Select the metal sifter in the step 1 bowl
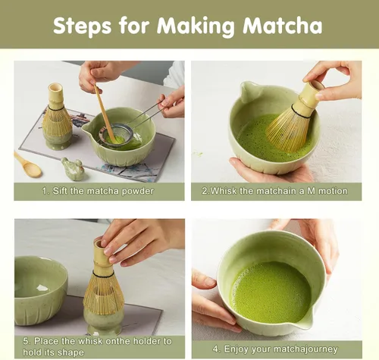115,136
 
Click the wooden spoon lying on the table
27,164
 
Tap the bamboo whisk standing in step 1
56,117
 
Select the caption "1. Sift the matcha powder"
99,191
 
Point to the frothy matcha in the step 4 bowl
270,292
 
